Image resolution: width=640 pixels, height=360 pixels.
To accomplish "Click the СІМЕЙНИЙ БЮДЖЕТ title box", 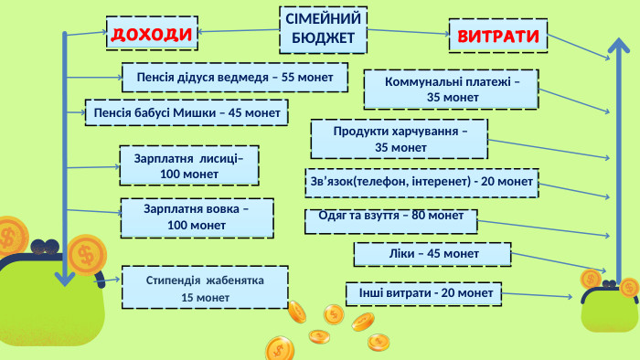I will [x=323, y=29].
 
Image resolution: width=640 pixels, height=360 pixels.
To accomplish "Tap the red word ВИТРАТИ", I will [x=496, y=37].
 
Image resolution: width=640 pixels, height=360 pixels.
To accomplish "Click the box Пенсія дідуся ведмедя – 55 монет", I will [x=235, y=78].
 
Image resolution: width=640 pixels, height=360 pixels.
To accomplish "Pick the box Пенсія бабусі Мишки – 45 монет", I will [x=186, y=112].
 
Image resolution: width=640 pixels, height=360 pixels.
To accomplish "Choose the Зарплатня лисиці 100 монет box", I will [x=188, y=165].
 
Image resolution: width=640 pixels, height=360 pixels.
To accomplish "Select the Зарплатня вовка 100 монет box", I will [x=197, y=217].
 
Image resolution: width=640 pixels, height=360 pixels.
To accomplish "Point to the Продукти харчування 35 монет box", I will [x=400, y=139].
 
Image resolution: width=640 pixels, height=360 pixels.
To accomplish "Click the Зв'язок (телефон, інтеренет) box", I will [x=421, y=182].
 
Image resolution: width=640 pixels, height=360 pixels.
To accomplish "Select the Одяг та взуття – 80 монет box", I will [x=390, y=217].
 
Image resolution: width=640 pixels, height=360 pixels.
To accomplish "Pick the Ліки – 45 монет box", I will [x=431, y=253].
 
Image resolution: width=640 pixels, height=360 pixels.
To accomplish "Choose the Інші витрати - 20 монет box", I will [x=422, y=292].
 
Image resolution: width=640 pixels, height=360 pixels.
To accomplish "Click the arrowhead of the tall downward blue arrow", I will [x=64, y=276].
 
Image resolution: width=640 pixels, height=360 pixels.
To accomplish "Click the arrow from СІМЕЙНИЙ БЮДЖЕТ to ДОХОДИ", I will [x=240, y=33].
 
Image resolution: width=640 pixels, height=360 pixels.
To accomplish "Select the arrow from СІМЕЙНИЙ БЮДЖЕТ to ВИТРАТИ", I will [x=408, y=33].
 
